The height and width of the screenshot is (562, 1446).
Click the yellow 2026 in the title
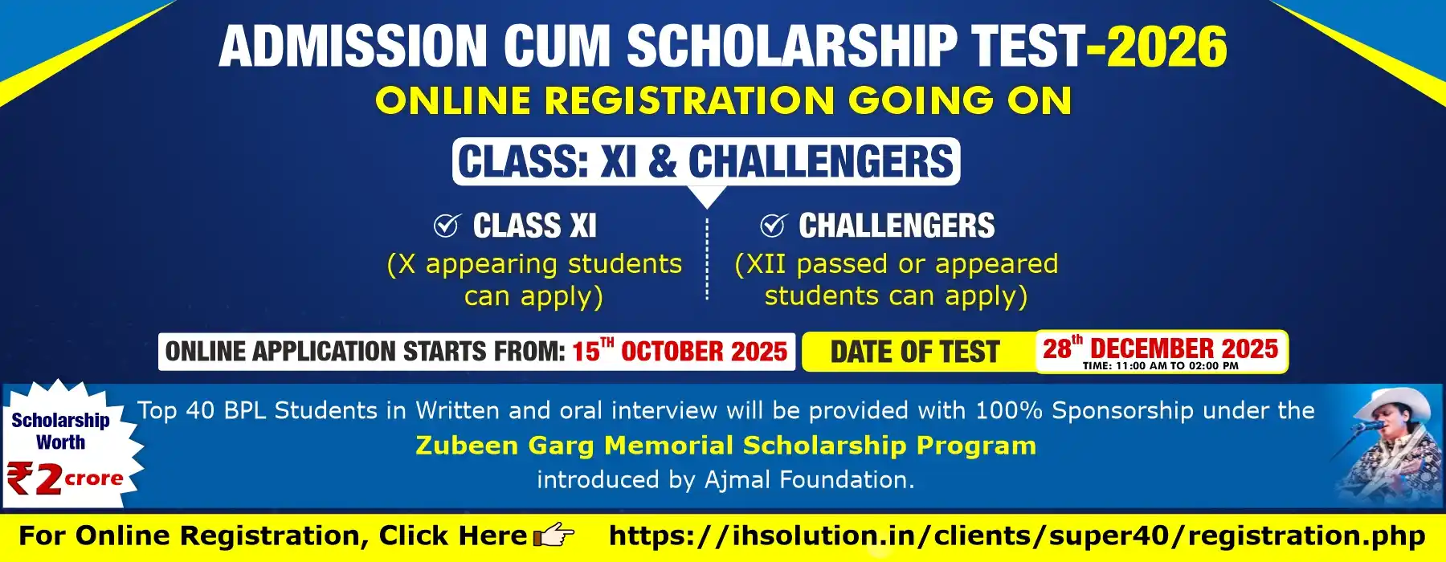point(1166,46)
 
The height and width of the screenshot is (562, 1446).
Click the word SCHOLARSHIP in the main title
point(792,46)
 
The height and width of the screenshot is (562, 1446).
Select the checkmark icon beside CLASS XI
point(447,226)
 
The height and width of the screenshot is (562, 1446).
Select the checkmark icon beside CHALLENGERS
point(773,226)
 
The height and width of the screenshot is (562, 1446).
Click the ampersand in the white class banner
point(662,161)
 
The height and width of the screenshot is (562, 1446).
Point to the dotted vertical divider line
point(707,258)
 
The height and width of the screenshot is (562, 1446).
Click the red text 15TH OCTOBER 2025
point(680,352)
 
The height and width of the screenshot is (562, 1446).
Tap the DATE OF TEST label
point(915,352)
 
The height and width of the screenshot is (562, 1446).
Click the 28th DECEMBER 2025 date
point(1160,348)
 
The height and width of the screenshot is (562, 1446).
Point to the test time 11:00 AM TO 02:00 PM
point(1160,366)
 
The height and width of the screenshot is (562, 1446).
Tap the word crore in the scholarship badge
point(94,479)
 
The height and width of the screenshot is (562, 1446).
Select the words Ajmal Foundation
point(810,479)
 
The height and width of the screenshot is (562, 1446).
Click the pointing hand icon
point(554,535)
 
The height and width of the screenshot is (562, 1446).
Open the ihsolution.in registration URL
point(1017,536)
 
